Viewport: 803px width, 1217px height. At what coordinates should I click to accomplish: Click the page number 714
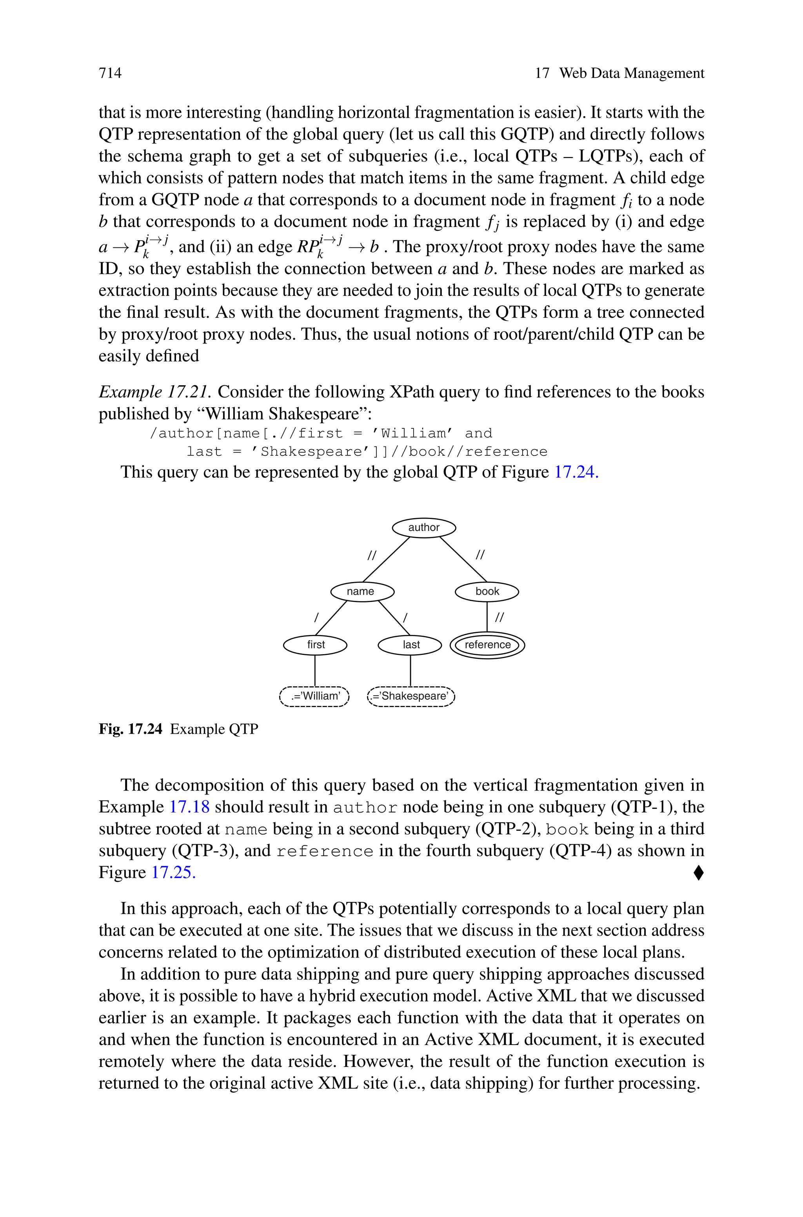[110, 73]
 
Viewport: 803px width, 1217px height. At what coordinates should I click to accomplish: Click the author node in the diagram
[423, 528]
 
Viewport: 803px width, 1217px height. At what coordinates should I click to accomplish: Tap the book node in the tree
[487, 591]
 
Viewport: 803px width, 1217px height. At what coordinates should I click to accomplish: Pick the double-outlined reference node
[487, 645]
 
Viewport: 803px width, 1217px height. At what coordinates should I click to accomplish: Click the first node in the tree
[316, 645]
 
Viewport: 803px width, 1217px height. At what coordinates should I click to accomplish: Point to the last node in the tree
[410, 645]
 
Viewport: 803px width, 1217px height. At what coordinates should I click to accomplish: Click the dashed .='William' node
[314, 696]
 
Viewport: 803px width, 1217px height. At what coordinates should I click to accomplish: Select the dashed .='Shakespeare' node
[411, 696]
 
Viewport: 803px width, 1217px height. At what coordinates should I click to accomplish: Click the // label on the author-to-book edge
[480, 554]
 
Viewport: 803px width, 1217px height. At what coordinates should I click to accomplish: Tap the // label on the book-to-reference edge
[499, 618]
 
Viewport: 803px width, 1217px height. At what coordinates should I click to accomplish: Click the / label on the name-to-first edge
[316, 618]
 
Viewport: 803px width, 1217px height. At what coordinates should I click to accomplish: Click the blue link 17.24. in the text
[576, 472]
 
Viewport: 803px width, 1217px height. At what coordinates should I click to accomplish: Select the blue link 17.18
[189, 807]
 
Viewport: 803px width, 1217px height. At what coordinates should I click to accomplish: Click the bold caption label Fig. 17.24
[131, 729]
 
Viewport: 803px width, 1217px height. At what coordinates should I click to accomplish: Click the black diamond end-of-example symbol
[698, 872]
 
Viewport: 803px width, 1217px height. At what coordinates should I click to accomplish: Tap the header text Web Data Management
[631, 73]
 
